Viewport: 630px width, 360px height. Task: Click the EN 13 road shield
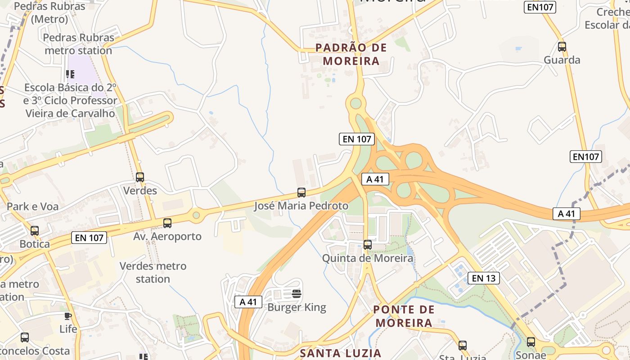(484, 278)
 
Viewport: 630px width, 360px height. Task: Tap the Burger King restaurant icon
(296, 294)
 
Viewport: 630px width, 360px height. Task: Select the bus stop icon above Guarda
(562, 46)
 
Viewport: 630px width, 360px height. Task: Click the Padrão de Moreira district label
(351, 54)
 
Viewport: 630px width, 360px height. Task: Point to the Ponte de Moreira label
(404, 316)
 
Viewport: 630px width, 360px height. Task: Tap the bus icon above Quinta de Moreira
(368, 245)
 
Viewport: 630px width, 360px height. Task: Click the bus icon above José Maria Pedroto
(301, 193)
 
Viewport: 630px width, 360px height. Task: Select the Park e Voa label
(32, 207)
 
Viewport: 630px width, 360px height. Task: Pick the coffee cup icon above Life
(68, 316)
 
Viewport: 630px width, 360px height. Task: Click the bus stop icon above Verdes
(140, 177)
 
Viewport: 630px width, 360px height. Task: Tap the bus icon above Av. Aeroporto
(167, 223)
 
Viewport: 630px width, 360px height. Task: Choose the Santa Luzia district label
(341, 353)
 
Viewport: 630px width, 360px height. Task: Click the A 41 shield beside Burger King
(248, 301)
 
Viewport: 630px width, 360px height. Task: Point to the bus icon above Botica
(35, 231)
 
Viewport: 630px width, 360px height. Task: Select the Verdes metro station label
(153, 272)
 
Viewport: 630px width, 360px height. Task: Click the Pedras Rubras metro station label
(78, 44)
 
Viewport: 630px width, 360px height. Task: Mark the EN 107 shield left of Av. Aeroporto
(89, 238)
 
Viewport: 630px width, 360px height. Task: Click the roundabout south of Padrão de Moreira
(356, 103)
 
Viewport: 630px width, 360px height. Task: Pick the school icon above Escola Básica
(70, 74)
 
